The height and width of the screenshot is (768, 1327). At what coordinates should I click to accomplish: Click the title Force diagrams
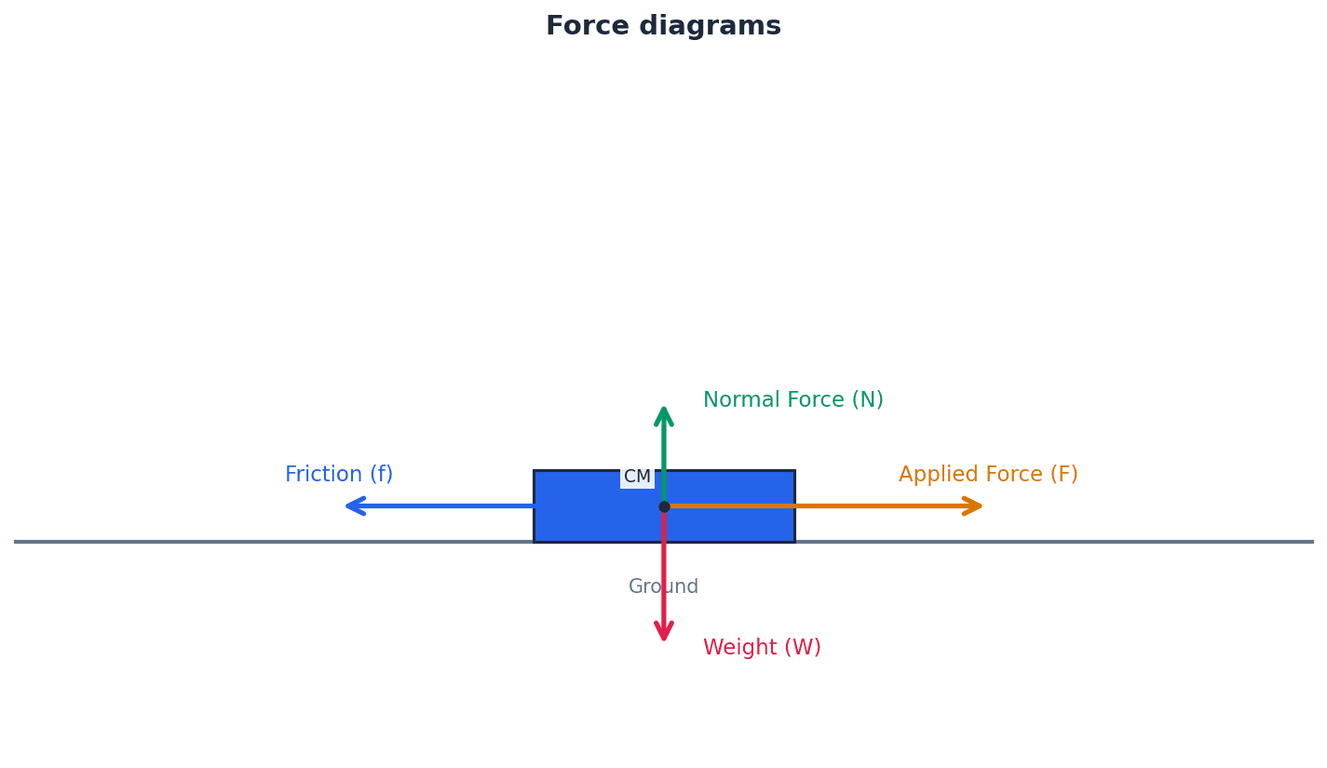pyautogui.click(x=663, y=26)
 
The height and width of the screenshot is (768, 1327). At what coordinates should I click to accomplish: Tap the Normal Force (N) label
pyautogui.click(x=792, y=400)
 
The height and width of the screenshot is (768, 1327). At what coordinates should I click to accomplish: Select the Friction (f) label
pyautogui.click(x=339, y=475)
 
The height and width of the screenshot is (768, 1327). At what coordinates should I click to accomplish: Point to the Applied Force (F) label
pyautogui.click(x=988, y=475)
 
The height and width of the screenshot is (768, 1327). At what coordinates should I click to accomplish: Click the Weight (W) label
pyautogui.click(x=762, y=648)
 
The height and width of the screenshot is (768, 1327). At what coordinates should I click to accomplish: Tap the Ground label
pyautogui.click(x=663, y=587)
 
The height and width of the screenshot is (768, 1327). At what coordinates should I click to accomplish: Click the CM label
pyautogui.click(x=637, y=478)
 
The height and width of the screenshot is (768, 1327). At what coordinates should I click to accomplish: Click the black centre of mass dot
pyautogui.click(x=664, y=506)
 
